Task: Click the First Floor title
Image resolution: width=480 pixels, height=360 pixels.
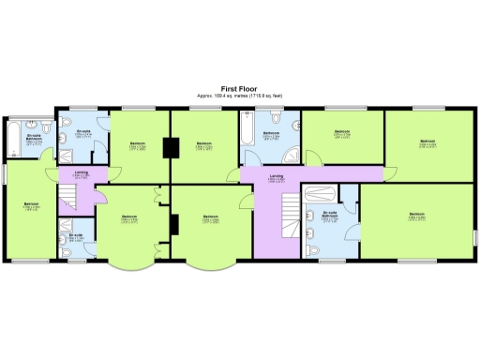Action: (x=240, y=88)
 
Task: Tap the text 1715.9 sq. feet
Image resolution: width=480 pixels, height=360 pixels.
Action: (x=263, y=96)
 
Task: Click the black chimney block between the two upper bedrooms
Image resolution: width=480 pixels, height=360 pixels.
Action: (x=171, y=147)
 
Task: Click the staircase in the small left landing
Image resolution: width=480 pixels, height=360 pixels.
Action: (x=67, y=196)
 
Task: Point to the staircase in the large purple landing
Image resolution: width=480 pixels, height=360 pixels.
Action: (x=279, y=225)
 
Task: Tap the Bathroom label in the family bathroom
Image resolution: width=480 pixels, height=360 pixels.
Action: (x=271, y=133)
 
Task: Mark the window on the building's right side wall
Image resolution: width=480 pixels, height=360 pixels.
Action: (x=473, y=233)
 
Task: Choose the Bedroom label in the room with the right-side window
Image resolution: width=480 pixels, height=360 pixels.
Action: (x=416, y=215)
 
